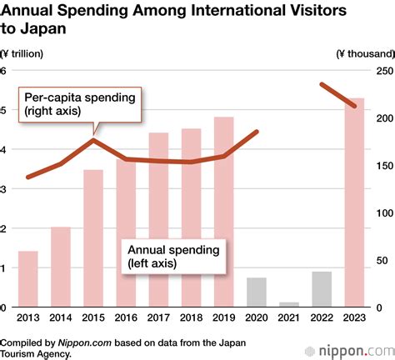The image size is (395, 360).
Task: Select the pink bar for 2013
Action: click(27, 278)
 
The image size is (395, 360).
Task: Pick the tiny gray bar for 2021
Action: click(288, 304)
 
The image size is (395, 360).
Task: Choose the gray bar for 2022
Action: click(321, 289)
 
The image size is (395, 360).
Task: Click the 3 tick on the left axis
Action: click(3, 189)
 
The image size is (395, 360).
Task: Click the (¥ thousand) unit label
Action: click(364, 53)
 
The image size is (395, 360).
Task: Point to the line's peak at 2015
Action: click(93, 140)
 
